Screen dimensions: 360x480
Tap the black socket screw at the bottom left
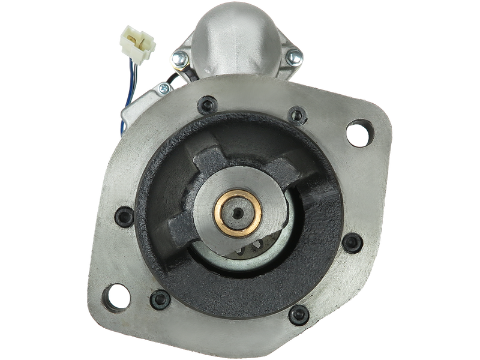coord(159,296)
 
